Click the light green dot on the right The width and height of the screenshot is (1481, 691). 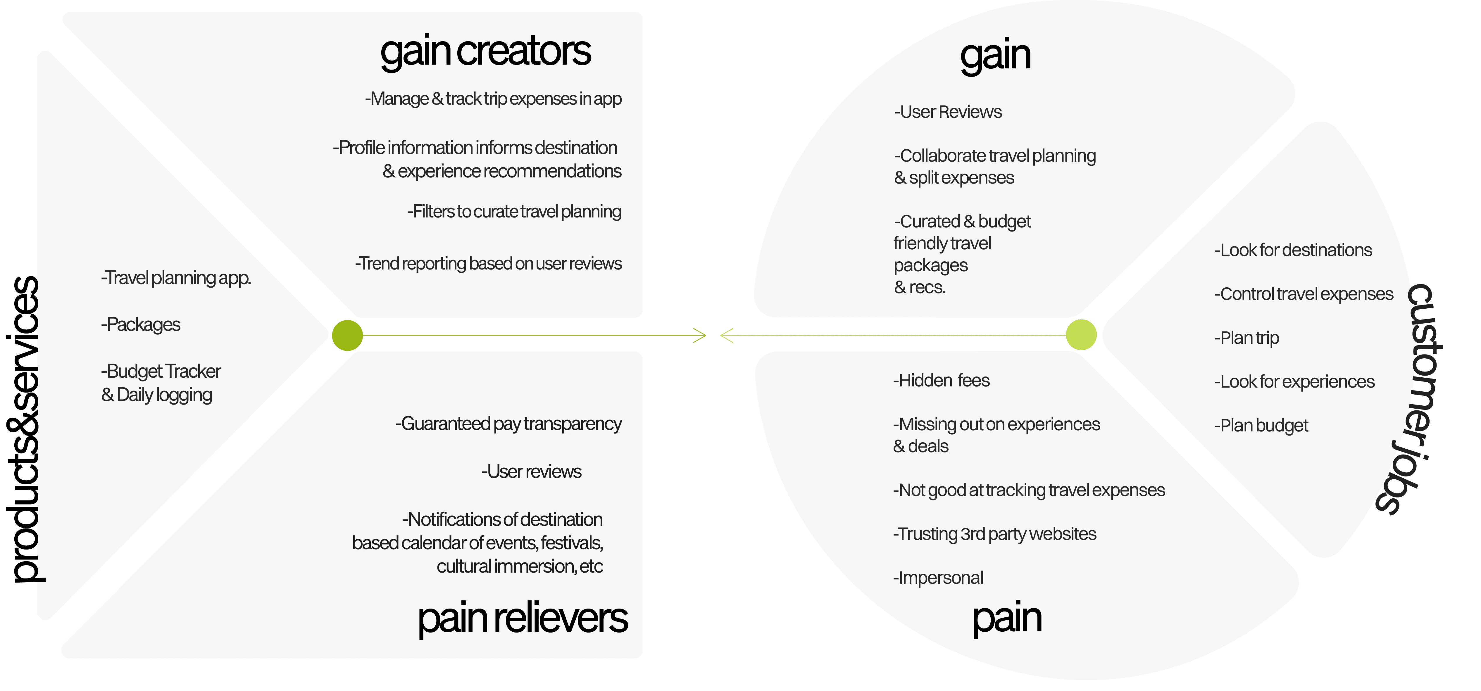coord(1081,335)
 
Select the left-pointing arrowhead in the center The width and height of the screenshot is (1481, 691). coord(727,335)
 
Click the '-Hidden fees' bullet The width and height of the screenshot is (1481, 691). coord(941,381)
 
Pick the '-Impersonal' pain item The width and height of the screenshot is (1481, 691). coord(938,578)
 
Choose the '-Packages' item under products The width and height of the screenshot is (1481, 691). coord(141,325)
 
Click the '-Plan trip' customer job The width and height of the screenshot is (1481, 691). coord(1246,338)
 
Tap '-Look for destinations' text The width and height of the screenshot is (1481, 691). coord(1293,251)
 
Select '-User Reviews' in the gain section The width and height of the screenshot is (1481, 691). coord(948,112)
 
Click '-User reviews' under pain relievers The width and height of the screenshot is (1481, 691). coord(531,472)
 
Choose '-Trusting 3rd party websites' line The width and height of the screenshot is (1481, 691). coord(995,534)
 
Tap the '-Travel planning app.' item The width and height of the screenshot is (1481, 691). coord(176,278)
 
